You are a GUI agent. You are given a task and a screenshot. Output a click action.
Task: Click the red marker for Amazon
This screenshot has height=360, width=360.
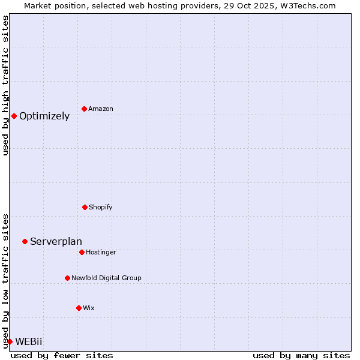click(84, 109)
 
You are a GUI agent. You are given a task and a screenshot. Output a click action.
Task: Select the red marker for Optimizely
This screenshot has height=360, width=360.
click(14, 116)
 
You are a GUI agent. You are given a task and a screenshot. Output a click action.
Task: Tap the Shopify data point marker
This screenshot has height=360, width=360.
click(85, 207)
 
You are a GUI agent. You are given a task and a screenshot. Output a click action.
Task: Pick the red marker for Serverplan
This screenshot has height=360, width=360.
click(25, 241)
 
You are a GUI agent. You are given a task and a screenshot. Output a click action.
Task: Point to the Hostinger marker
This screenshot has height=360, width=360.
click(82, 252)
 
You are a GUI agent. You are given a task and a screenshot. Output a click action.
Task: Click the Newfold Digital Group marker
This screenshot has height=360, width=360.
click(67, 278)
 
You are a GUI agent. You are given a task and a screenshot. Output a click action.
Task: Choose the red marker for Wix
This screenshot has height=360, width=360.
click(79, 308)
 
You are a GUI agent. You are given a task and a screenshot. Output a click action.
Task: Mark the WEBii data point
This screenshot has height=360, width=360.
click(10, 341)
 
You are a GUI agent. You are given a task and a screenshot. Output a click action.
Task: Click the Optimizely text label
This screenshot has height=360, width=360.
click(44, 116)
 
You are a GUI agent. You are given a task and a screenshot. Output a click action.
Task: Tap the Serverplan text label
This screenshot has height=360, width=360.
click(56, 242)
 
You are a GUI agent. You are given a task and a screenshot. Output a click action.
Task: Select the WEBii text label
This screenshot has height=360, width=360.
click(29, 342)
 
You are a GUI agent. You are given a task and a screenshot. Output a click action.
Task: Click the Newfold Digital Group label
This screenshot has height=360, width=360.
click(106, 278)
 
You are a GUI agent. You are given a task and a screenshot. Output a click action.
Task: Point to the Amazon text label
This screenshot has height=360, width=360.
click(101, 109)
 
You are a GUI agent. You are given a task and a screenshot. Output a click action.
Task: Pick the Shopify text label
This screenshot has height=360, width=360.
click(100, 208)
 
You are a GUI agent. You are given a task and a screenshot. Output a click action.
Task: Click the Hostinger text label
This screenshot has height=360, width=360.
click(101, 253)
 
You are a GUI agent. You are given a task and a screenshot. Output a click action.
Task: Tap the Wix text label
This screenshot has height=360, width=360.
click(89, 308)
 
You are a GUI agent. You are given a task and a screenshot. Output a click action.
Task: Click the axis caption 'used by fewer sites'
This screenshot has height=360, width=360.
click(62, 355)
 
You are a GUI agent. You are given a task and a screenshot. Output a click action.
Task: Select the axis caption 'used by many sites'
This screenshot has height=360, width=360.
click(301, 355)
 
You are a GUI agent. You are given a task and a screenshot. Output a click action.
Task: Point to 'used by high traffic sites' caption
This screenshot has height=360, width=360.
click(5, 85)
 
